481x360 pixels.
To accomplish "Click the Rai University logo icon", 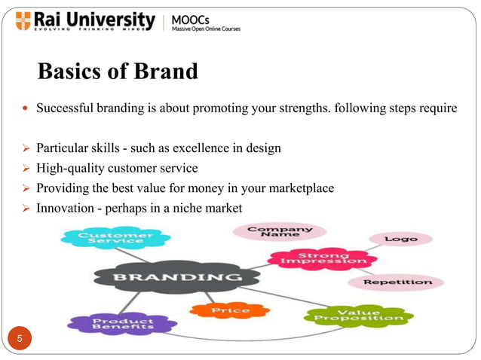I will (x=24, y=21).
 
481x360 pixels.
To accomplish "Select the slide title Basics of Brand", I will (x=118, y=72).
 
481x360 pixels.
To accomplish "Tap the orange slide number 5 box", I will (x=21, y=340).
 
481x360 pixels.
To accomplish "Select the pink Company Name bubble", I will (x=280, y=230).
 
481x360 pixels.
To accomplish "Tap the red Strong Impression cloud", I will (x=323, y=259).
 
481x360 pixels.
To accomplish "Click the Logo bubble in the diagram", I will (x=400, y=239).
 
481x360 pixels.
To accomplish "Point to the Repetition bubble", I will (x=398, y=282).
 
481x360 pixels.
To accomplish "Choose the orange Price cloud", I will (x=230, y=310).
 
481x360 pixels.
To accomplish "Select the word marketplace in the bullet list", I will (x=300, y=188).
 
